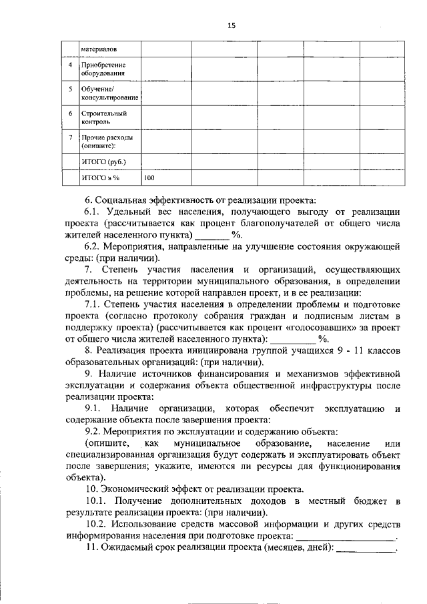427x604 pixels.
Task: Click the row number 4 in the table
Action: (x=71, y=65)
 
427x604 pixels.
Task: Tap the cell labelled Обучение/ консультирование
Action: (x=109, y=93)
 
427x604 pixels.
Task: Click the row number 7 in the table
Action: (x=71, y=137)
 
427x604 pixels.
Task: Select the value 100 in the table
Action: (x=149, y=178)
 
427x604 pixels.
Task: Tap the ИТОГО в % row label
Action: (x=100, y=178)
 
